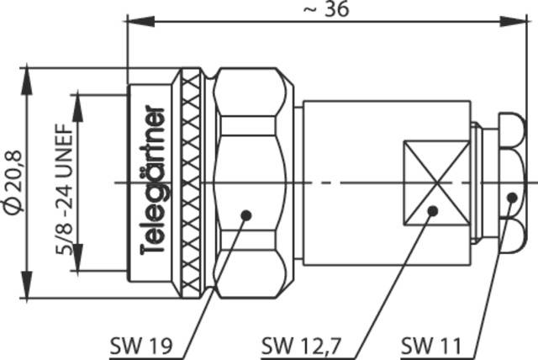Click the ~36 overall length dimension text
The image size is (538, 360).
coord(324,9)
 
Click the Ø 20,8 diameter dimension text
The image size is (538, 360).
coord(13,183)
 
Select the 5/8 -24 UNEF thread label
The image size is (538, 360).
coord(65,183)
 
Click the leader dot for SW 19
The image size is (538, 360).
coord(245,214)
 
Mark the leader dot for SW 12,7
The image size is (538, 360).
coord(432,209)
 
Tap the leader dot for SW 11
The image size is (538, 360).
coord(513,197)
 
